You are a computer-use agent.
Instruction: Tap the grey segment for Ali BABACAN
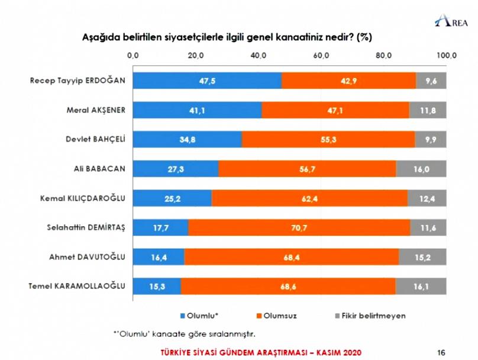pyautogui.click(x=421, y=169)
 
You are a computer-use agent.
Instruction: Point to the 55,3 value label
pyautogui.click(x=328, y=139)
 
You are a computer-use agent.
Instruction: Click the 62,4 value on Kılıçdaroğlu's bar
pyautogui.click(x=309, y=198)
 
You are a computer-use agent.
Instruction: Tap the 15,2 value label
pyautogui.click(x=422, y=257)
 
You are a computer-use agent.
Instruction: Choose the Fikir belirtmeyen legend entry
pyautogui.click(x=372, y=316)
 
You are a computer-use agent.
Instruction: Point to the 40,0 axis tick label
pyautogui.click(x=259, y=55)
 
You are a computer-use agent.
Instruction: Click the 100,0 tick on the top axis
pyautogui.click(x=446, y=55)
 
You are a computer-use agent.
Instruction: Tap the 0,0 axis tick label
pyautogui.click(x=133, y=55)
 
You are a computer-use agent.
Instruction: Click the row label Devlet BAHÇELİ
pyautogui.click(x=96, y=140)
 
